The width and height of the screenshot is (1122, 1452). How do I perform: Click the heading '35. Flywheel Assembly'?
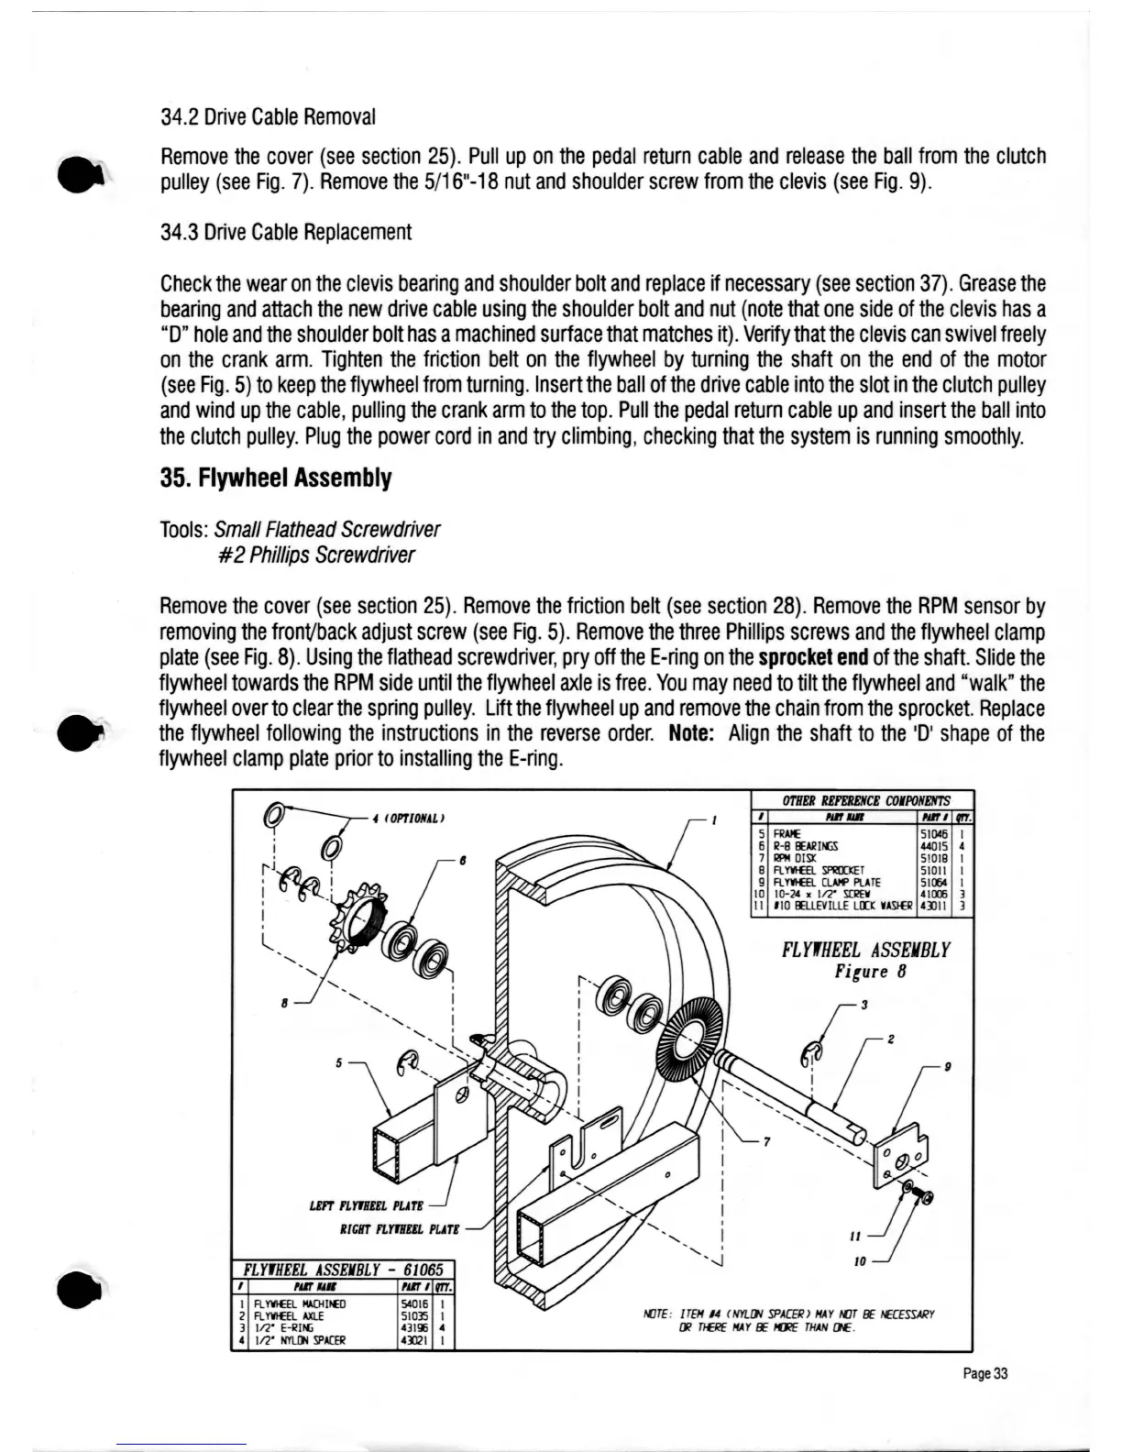[x=276, y=478]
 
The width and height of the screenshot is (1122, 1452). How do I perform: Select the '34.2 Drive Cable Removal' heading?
[x=268, y=117]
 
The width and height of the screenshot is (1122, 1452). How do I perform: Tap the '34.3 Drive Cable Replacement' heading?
[x=285, y=232]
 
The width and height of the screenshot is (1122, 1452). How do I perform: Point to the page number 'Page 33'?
[x=985, y=1372]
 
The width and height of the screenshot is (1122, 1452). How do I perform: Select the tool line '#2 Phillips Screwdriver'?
[x=314, y=555]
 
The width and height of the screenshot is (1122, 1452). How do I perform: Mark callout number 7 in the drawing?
[x=766, y=1142]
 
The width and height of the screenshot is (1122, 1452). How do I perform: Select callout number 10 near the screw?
[x=859, y=1262]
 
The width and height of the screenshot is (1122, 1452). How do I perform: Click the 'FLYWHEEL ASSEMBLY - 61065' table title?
[x=341, y=1270]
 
